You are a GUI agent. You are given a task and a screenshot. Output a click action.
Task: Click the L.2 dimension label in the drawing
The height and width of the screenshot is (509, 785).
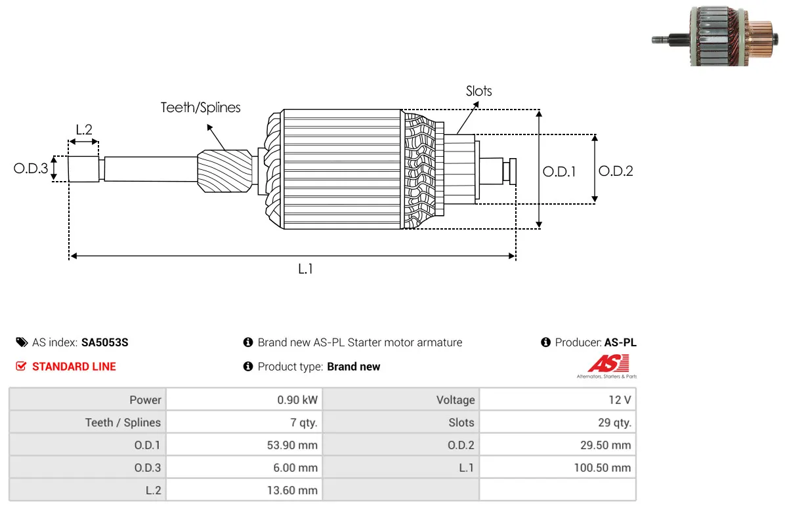click(84, 130)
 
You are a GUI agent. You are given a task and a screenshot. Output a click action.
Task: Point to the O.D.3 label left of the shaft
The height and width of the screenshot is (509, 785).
click(31, 168)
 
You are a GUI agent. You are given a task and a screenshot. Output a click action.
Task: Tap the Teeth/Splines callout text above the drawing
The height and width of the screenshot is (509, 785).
click(200, 108)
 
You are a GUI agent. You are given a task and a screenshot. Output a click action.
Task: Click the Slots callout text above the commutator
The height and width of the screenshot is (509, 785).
click(478, 91)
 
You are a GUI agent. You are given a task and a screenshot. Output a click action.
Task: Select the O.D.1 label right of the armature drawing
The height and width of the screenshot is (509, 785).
click(559, 172)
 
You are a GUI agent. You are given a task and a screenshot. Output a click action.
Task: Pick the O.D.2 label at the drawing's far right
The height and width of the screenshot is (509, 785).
click(616, 171)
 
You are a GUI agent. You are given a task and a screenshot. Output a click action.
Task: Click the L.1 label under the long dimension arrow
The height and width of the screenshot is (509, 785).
click(305, 270)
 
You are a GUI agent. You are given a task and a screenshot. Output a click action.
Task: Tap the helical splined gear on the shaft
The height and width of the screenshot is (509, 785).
click(224, 171)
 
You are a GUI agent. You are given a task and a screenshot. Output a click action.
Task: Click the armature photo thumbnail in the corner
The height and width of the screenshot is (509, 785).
click(715, 36)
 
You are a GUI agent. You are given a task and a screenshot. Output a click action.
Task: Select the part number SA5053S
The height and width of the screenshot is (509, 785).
click(104, 342)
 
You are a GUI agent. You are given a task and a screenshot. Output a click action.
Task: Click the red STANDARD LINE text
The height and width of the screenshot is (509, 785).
click(74, 367)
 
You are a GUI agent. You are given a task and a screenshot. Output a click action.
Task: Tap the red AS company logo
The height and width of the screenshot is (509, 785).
click(608, 363)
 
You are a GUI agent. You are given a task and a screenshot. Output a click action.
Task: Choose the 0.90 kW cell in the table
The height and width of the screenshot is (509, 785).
click(297, 400)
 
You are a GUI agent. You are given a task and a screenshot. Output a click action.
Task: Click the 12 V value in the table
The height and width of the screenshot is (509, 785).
click(620, 400)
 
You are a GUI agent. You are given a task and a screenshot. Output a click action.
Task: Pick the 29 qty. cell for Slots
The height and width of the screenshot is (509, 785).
click(614, 422)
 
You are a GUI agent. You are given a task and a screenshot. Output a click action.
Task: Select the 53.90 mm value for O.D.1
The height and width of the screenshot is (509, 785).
click(292, 445)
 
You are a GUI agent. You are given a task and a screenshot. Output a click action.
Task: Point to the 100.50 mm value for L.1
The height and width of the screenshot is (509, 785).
click(603, 468)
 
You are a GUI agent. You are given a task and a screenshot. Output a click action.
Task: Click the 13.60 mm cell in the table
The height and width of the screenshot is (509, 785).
click(292, 490)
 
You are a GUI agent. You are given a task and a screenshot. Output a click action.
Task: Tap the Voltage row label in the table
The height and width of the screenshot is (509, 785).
click(456, 400)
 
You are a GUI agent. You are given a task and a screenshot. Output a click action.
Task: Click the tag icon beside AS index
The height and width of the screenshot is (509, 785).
click(22, 342)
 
